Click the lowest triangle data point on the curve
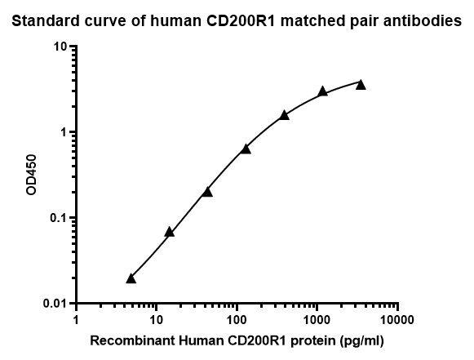coord(131,278)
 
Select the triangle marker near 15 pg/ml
coord(169,232)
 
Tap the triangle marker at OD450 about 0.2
coord(207,192)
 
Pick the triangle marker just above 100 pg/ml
coord(246,149)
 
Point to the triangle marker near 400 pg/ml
coord(284,115)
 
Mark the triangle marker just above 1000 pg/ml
coord(322,91)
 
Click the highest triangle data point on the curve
coord(361,84)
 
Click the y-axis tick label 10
coord(60,47)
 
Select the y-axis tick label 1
coord(63,132)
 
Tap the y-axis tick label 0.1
coord(57,218)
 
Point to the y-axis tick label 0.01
coord(55,304)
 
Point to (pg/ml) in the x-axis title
coord(362,340)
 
